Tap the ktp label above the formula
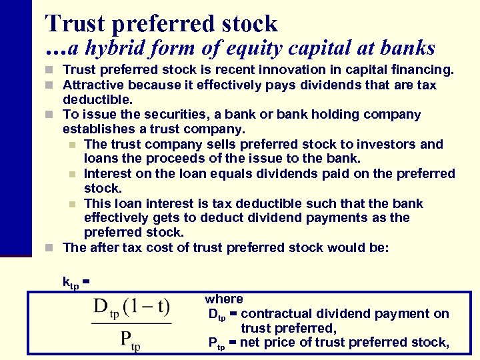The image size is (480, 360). [71, 283]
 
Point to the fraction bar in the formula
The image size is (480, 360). [131, 323]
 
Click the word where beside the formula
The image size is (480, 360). [224, 299]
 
